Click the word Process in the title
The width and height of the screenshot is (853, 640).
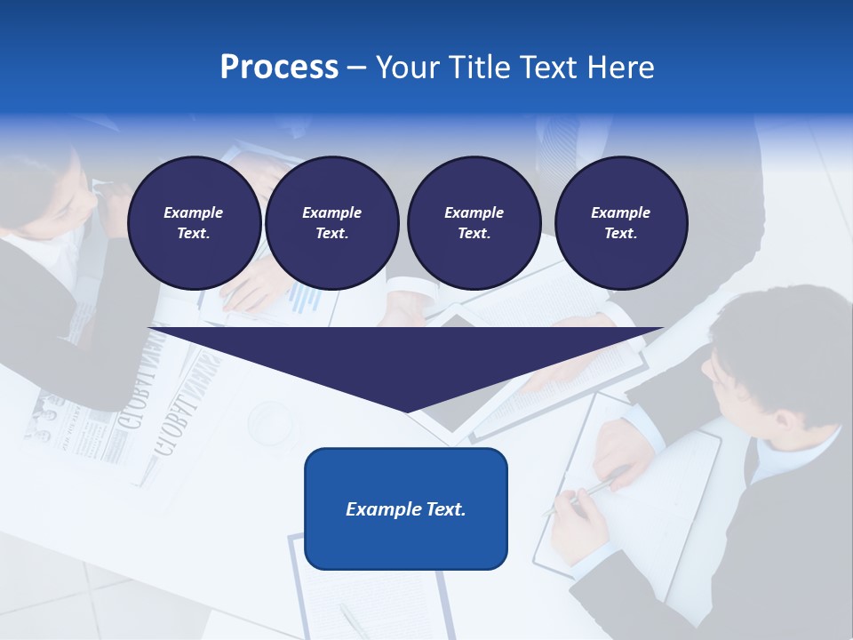pos(279,68)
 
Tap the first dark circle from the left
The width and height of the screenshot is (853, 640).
pos(194,222)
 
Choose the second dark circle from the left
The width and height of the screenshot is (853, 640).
pos(331,222)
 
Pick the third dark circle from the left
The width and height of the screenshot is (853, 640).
pos(474,222)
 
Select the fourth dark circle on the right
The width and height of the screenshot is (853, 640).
pos(621,222)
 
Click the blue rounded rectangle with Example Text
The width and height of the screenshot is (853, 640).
pos(405,533)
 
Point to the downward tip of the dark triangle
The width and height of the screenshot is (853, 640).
pos(407,410)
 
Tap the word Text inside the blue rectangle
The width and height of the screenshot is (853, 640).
pos(445,509)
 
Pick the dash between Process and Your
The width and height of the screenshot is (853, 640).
pos(356,68)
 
